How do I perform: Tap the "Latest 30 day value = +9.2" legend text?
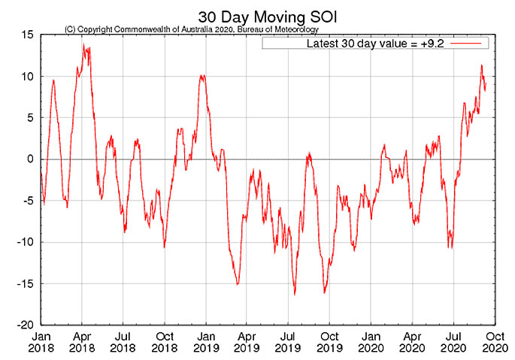366,44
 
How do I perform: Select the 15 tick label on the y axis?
27,35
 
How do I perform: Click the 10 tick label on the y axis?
27,77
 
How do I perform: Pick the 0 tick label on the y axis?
31,159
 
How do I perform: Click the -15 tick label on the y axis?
26,283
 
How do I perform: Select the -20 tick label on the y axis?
26,325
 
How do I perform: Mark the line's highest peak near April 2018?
83,45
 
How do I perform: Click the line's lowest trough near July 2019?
295,294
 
